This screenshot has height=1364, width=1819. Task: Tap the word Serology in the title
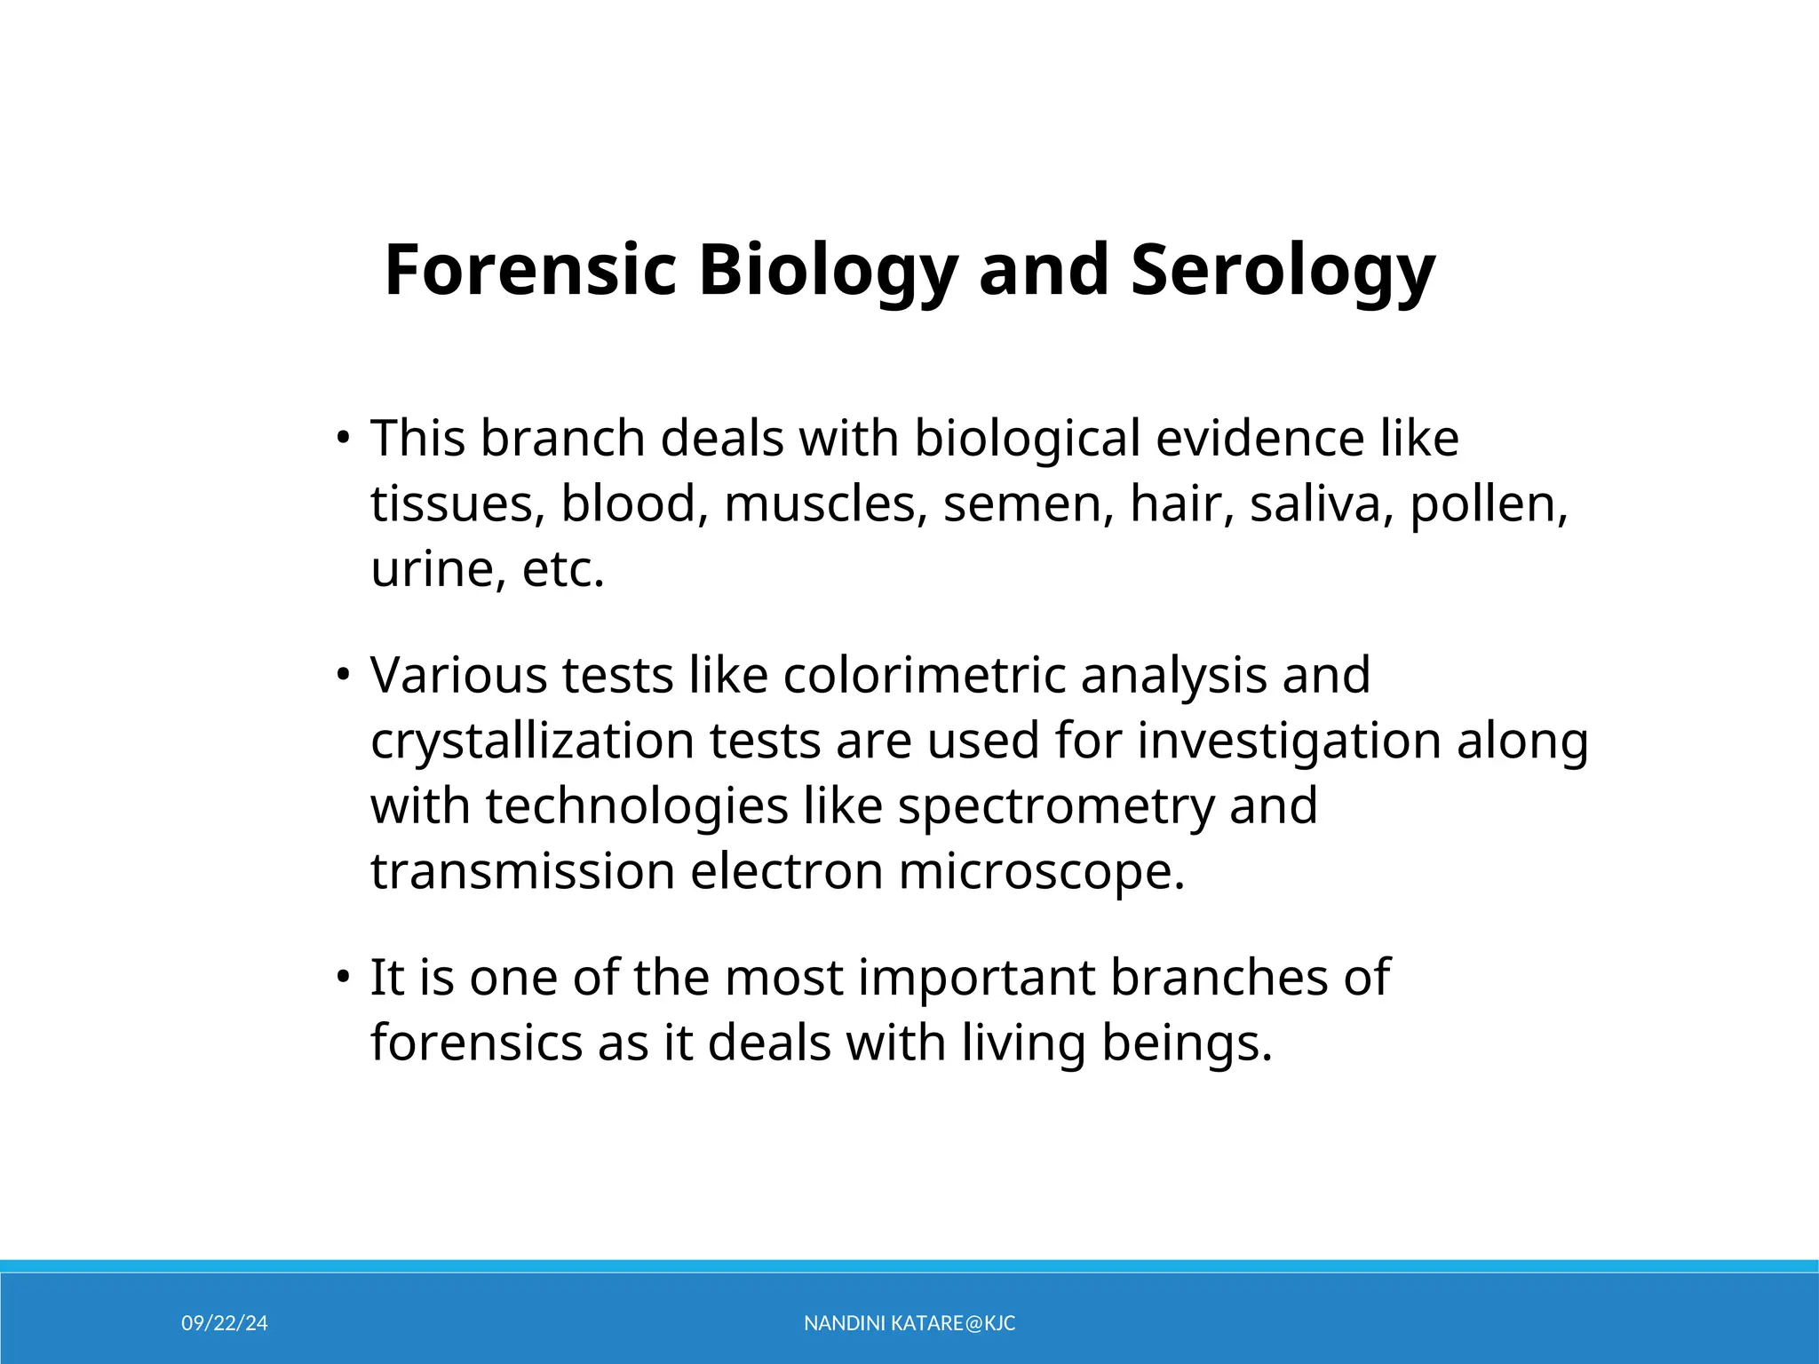[x=1283, y=272]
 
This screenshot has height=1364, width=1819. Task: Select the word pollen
[x=1489, y=505]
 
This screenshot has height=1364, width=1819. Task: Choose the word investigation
[x=1289, y=741]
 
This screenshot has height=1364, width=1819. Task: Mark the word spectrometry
[x=1055, y=807]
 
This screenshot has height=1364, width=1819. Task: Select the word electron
[x=786, y=871]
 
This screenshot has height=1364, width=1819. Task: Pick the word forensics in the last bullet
[x=476, y=1043]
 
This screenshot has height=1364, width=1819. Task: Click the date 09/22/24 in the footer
[x=224, y=1323]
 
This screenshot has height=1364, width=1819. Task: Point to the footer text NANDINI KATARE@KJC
[x=909, y=1323]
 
